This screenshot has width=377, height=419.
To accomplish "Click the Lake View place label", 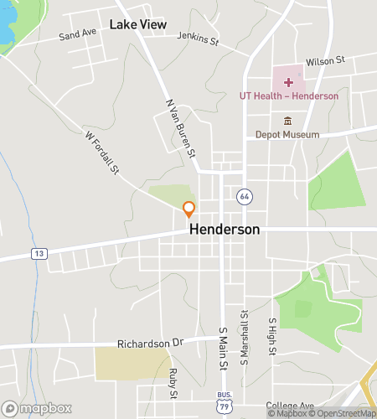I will pyautogui.click(x=138, y=24).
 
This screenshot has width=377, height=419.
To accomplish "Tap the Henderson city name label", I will pyautogui.click(x=225, y=229).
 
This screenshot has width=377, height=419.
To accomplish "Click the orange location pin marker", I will pyautogui.click(x=189, y=209).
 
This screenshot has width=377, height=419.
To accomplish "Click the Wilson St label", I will pyautogui.click(x=326, y=61).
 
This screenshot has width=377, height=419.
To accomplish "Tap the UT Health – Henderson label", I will pyautogui.click(x=289, y=96).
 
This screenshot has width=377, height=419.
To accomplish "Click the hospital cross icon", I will pyautogui.click(x=289, y=82).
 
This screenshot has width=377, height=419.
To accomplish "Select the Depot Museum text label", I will pyautogui.click(x=289, y=134).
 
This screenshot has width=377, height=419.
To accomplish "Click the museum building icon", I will pyautogui.click(x=288, y=121).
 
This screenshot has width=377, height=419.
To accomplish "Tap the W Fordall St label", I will pyautogui.click(x=103, y=151).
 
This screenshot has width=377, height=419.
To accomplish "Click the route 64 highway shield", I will pyautogui.click(x=244, y=196).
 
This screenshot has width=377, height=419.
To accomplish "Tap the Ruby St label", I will pyautogui.click(x=173, y=382).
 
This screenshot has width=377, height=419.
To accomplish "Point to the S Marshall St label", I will pyautogui.click(x=244, y=338).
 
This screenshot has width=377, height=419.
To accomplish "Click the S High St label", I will pyautogui.click(x=271, y=335).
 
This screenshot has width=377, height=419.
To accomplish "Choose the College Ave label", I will pyautogui.click(x=289, y=405).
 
